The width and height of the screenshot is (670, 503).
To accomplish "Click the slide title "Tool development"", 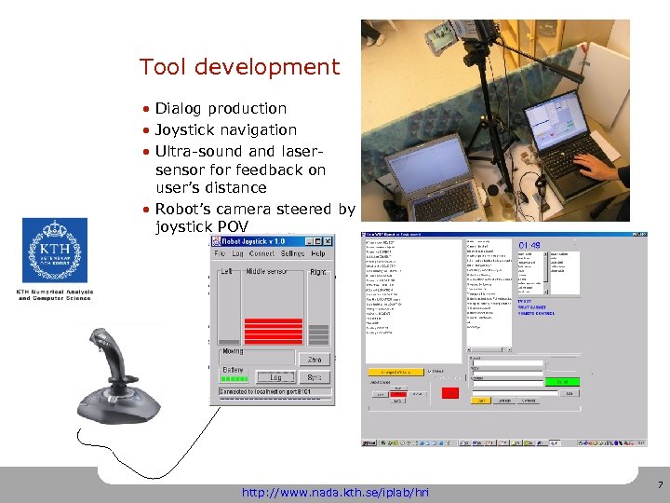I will [x=239, y=67].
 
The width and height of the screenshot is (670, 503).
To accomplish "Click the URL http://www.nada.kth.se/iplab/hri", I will [x=334, y=491].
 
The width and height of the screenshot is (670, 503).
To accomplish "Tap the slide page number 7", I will [x=660, y=485].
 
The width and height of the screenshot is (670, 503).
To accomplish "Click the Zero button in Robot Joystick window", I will [x=315, y=360].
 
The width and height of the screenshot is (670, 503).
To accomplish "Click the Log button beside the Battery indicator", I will [x=275, y=377].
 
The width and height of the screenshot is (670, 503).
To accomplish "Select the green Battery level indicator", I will [x=234, y=378].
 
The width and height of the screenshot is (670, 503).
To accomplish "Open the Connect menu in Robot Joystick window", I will [x=261, y=253].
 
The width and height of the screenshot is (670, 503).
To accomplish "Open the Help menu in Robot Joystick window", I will [x=318, y=253].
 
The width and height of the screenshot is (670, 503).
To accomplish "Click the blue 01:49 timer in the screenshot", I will [x=529, y=245].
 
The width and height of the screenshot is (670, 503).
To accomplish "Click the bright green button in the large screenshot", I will [x=562, y=381].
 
